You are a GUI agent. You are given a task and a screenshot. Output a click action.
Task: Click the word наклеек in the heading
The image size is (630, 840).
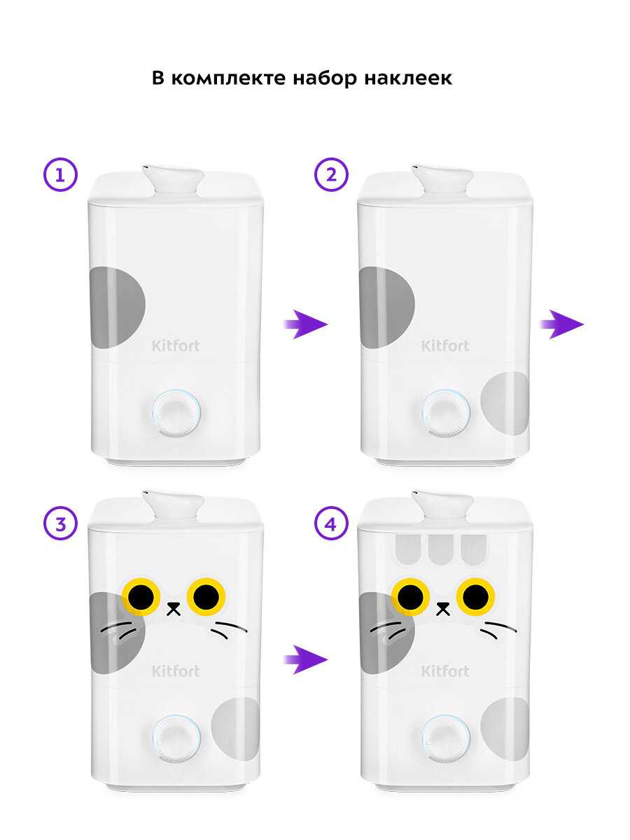tap(408, 78)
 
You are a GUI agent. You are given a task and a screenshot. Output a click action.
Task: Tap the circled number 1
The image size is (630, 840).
tap(60, 175)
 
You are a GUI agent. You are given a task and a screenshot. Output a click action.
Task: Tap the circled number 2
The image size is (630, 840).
tap(331, 175)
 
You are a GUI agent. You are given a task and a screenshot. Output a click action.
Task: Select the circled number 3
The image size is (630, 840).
tap(60, 524)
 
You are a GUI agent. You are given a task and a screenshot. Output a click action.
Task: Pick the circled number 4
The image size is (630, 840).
tap(331, 524)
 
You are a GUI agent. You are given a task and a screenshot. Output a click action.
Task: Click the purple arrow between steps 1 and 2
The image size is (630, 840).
tap(306, 325)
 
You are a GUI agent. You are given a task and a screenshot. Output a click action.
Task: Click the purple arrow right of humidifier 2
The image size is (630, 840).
tap(562, 325)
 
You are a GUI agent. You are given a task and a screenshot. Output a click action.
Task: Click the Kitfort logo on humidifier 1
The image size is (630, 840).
tap(176, 346)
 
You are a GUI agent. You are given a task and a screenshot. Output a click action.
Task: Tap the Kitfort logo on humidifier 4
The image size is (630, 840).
tap(445, 671)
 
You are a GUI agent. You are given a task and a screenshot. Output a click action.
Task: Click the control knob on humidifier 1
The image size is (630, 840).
tap(176, 413)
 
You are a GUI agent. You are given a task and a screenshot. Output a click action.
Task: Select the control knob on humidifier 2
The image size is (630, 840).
tap(446, 413)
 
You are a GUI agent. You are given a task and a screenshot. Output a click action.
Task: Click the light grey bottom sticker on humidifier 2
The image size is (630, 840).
tap(505, 403)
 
